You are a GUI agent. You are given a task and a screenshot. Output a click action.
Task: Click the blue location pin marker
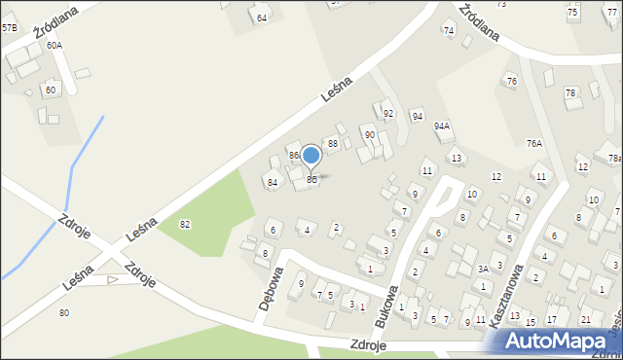pos(311,156)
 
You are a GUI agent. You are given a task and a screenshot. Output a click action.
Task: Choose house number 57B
pos(9,28)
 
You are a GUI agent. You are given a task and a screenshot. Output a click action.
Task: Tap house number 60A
pos(54,46)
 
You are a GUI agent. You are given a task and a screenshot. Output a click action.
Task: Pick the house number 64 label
pos(261,18)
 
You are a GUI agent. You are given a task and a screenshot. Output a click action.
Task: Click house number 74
pos(449,30)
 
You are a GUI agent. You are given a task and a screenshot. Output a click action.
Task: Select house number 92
pos(388,114)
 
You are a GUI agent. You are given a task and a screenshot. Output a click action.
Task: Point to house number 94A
pos(442,126)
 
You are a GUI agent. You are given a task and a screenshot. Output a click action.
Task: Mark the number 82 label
pos(185,225)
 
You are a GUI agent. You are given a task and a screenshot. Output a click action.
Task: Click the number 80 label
pos(64,312)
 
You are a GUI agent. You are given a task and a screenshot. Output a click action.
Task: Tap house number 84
pos(273,182)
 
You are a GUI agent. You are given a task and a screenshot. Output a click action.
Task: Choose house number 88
pos(332,144)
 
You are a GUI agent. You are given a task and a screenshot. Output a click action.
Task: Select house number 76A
pos(534,143)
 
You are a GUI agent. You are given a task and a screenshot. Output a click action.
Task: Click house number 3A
pos(482,269)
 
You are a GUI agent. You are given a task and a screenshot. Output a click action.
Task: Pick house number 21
pos(585,319)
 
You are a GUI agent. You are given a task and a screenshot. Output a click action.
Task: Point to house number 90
pos(369,134)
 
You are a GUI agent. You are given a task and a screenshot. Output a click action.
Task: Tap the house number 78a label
pos(613,159)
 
